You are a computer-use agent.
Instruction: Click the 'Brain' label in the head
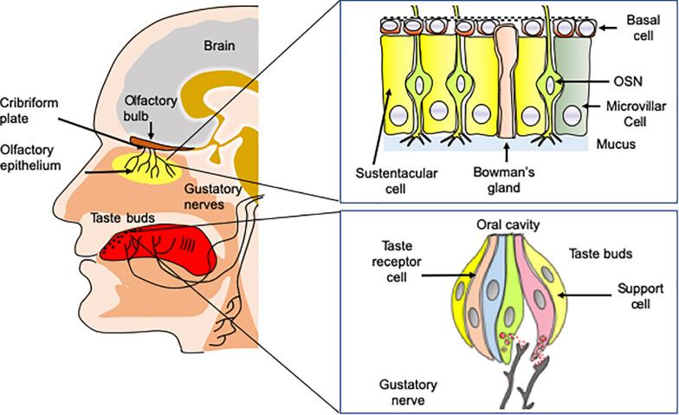tap(220, 44)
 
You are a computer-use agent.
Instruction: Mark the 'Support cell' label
tap(639, 297)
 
